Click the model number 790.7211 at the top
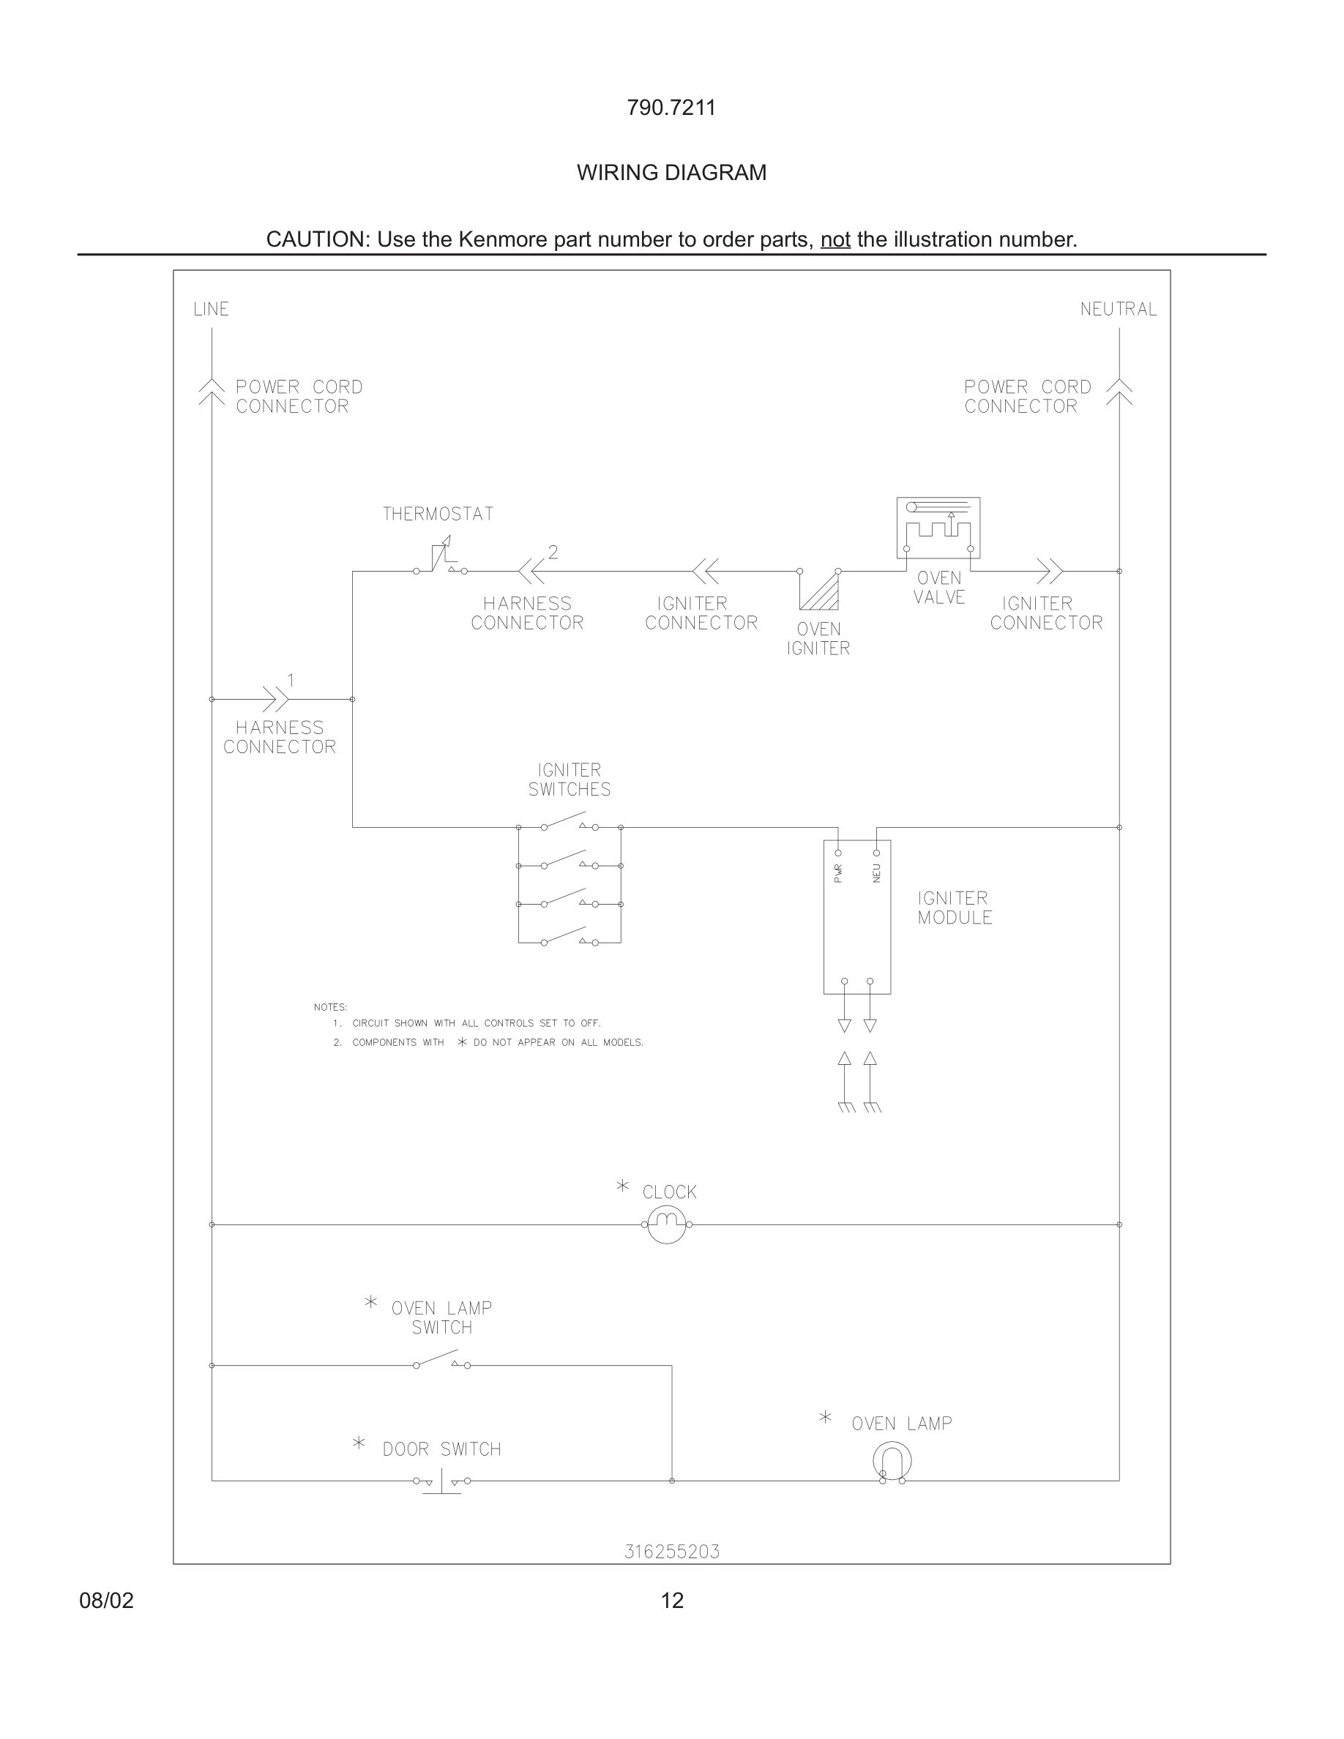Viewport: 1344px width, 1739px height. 671,108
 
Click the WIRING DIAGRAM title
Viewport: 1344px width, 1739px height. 671,173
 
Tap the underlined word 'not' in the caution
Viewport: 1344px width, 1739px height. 835,239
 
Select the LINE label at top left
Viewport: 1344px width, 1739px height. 211,309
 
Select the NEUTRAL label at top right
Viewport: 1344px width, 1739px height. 1118,309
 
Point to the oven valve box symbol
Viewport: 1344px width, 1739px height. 938,528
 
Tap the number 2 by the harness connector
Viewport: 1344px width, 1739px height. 553,552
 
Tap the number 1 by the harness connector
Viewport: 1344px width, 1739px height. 291,680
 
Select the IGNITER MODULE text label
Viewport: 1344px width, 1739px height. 954,908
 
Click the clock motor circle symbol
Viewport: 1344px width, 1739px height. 666,1224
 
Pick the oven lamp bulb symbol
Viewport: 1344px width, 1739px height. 892,1461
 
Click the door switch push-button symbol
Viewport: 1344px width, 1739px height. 441,1481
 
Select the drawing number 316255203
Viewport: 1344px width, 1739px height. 671,1552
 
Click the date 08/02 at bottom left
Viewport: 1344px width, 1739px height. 107,1601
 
